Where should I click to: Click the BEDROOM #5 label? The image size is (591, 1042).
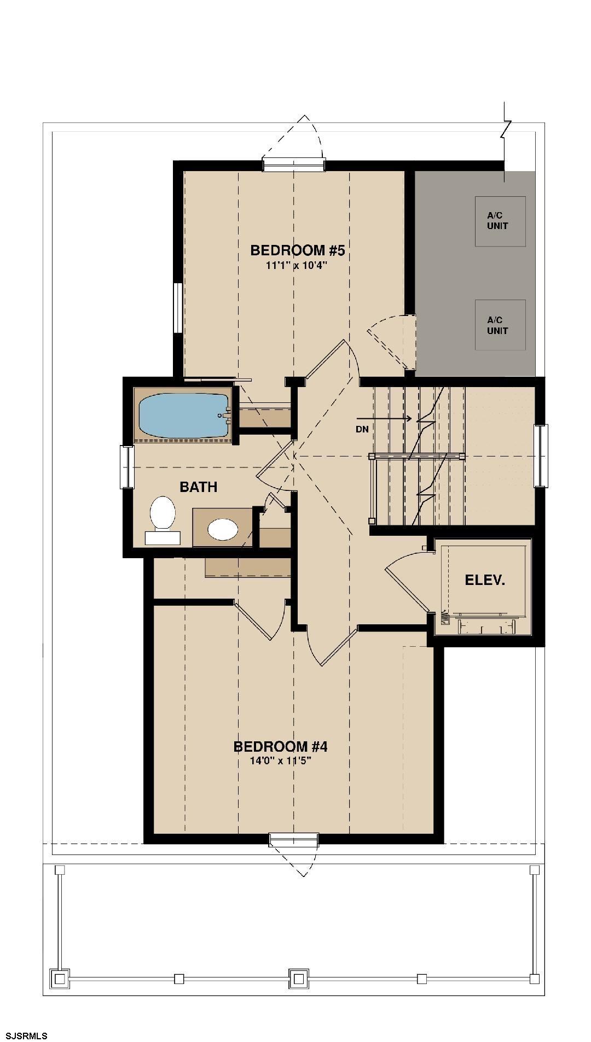[297, 250]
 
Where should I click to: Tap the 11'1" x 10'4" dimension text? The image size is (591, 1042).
[297, 266]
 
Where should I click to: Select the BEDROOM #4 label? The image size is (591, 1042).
[280, 746]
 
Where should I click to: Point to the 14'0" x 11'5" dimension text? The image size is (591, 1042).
[280, 761]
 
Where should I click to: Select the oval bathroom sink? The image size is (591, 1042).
[223, 529]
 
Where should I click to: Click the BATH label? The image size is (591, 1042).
[198, 487]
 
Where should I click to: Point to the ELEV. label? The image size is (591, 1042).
[485, 580]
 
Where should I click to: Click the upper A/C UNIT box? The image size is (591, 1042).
[500, 221]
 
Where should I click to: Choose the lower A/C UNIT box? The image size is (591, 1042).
[500, 325]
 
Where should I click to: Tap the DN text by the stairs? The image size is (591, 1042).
[362, 429]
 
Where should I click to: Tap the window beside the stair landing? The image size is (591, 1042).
[541, 455]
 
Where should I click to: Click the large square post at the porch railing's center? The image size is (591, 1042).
[299, 978]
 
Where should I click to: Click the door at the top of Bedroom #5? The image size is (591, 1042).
[294, 163]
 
